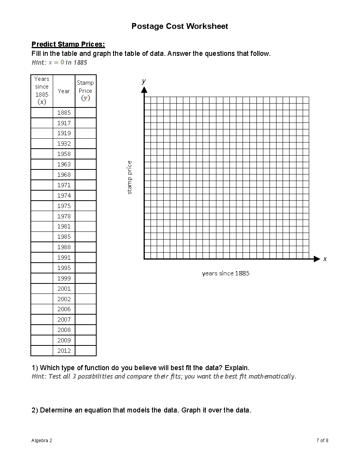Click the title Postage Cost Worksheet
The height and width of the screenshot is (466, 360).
point(179,26)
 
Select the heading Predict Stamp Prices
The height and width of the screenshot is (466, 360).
point(68,44)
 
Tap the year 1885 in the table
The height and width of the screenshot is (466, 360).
point(64,113)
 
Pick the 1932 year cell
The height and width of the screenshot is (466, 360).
point(64,144)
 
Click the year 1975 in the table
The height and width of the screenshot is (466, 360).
point(64,206)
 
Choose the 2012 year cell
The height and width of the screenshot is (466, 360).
point(64,351)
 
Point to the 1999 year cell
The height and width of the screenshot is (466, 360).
point(64,278)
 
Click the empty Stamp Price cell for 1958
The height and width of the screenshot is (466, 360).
point(85,154)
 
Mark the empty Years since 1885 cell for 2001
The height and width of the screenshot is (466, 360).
point(42,289)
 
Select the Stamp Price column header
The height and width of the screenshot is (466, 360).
point(85,91)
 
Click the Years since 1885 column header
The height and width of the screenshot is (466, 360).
point(42,91)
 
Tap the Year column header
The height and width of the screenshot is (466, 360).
point(64,91)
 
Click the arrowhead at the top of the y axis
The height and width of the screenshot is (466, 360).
point(144,90)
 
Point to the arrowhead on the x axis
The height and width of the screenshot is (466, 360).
point(317,259)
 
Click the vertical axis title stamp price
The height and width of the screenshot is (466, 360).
point(129,177)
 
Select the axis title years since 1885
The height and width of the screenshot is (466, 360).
point(226,273)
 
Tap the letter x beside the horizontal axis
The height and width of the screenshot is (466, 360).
point(325,259)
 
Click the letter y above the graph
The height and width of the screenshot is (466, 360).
point(144,81)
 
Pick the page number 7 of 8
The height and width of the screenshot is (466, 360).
point(322,441)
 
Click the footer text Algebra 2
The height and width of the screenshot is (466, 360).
point(42,441)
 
